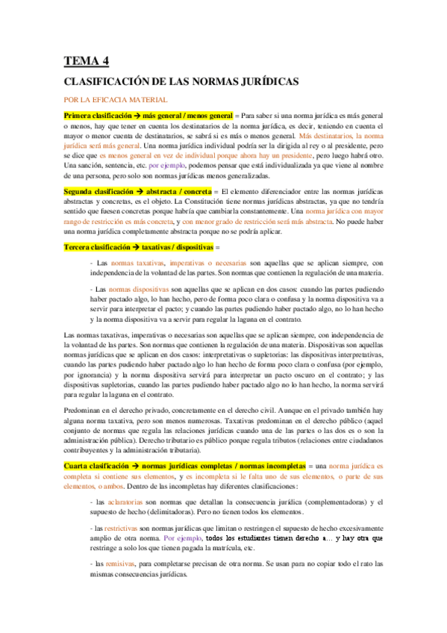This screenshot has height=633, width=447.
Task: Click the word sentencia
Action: point(131,165)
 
